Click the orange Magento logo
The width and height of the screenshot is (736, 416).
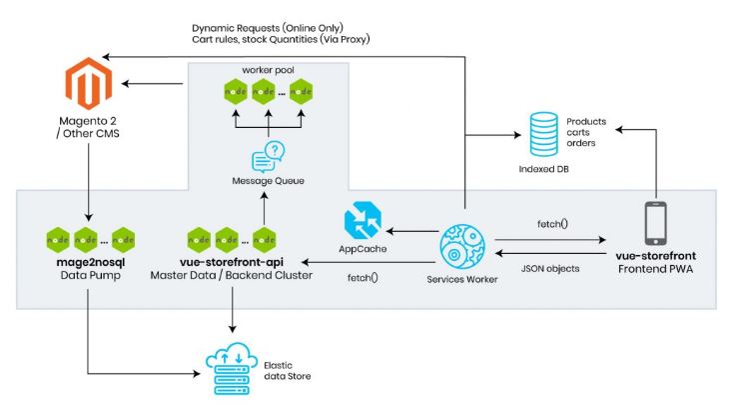point(89,83)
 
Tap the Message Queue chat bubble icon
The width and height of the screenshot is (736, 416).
point(268,157)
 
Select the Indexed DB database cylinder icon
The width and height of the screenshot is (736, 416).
point(543,134)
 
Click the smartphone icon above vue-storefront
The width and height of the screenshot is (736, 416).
point(656,223)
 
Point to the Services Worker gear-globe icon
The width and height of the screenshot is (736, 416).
point(462,247)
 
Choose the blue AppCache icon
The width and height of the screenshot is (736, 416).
point(363,220)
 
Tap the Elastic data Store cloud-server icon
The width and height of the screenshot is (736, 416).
point(232,368)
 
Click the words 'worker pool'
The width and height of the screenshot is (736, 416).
point(268,70)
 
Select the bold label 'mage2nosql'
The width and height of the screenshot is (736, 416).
point(91,262)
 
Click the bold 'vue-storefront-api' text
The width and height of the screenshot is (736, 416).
point(232,262)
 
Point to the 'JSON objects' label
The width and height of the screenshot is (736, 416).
point(550,269)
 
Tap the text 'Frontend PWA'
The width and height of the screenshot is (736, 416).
point(655,269)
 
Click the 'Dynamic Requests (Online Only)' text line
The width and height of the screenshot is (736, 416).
point(268,28)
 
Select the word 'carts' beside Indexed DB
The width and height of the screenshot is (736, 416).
point(578,133)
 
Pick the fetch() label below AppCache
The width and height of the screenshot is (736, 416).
point(363,278)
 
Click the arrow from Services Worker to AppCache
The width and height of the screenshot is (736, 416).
point(412,231)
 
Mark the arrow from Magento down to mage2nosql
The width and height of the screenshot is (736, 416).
point(88,182)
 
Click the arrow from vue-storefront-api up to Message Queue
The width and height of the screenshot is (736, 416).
point(265,208)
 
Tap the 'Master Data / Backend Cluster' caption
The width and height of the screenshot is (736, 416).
point(232,275)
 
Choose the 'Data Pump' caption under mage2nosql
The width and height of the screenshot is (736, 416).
point(91,275)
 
